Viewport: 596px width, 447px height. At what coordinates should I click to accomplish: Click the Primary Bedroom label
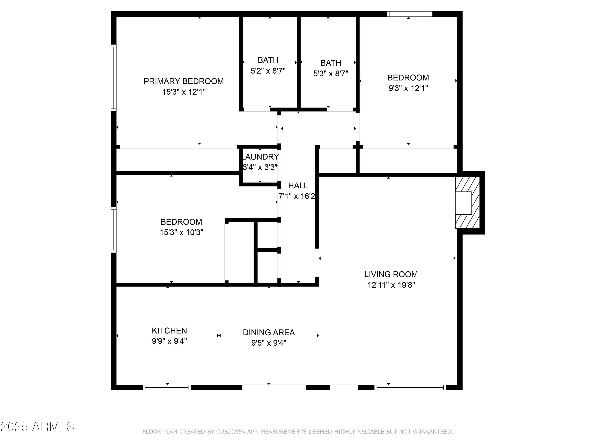pos(184,81)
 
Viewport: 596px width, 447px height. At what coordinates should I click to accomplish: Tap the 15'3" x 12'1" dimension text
pos(184,92)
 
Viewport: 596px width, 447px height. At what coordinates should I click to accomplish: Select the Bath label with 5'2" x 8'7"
pos(268,60)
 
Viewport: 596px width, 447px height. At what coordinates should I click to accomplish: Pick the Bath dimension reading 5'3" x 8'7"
pos(331,73)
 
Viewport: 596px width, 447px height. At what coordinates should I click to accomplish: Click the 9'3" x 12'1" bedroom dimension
pos(408,88)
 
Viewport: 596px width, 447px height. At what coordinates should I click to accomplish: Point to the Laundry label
pos(260,157)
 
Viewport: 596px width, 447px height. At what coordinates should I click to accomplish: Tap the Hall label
pos(298,185)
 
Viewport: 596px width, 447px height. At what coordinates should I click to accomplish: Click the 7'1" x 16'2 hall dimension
pos(297,196)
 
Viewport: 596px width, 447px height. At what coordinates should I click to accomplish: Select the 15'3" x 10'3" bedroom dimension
pos(181,232)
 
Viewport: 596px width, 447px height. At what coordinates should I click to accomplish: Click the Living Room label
pos(391,274)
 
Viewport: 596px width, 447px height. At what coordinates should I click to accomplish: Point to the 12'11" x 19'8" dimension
pos(391,285)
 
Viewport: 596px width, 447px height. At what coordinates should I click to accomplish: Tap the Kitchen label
pos(169,331)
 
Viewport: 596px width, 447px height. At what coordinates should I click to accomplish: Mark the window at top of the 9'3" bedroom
pos(409,14)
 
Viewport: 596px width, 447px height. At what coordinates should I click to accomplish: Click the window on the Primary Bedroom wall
pos(114,78)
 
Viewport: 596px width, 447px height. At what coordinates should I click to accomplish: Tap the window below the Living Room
pos(410,387)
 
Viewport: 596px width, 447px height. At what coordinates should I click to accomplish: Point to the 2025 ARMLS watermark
pos(38,427)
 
